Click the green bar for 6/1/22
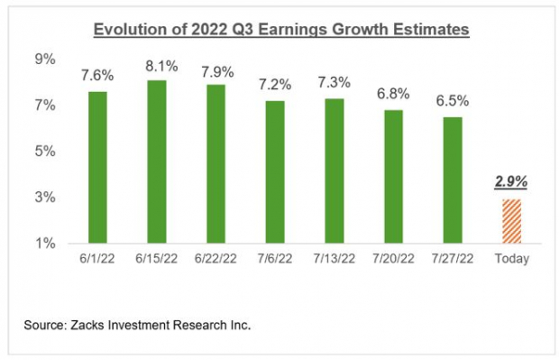97,167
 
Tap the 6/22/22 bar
215,163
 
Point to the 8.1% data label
156,65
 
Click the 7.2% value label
273,86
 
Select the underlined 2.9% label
510,181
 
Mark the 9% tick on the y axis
45,60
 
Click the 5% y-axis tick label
45,151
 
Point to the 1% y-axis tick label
45,243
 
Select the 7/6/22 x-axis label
273,259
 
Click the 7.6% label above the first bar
97,76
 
